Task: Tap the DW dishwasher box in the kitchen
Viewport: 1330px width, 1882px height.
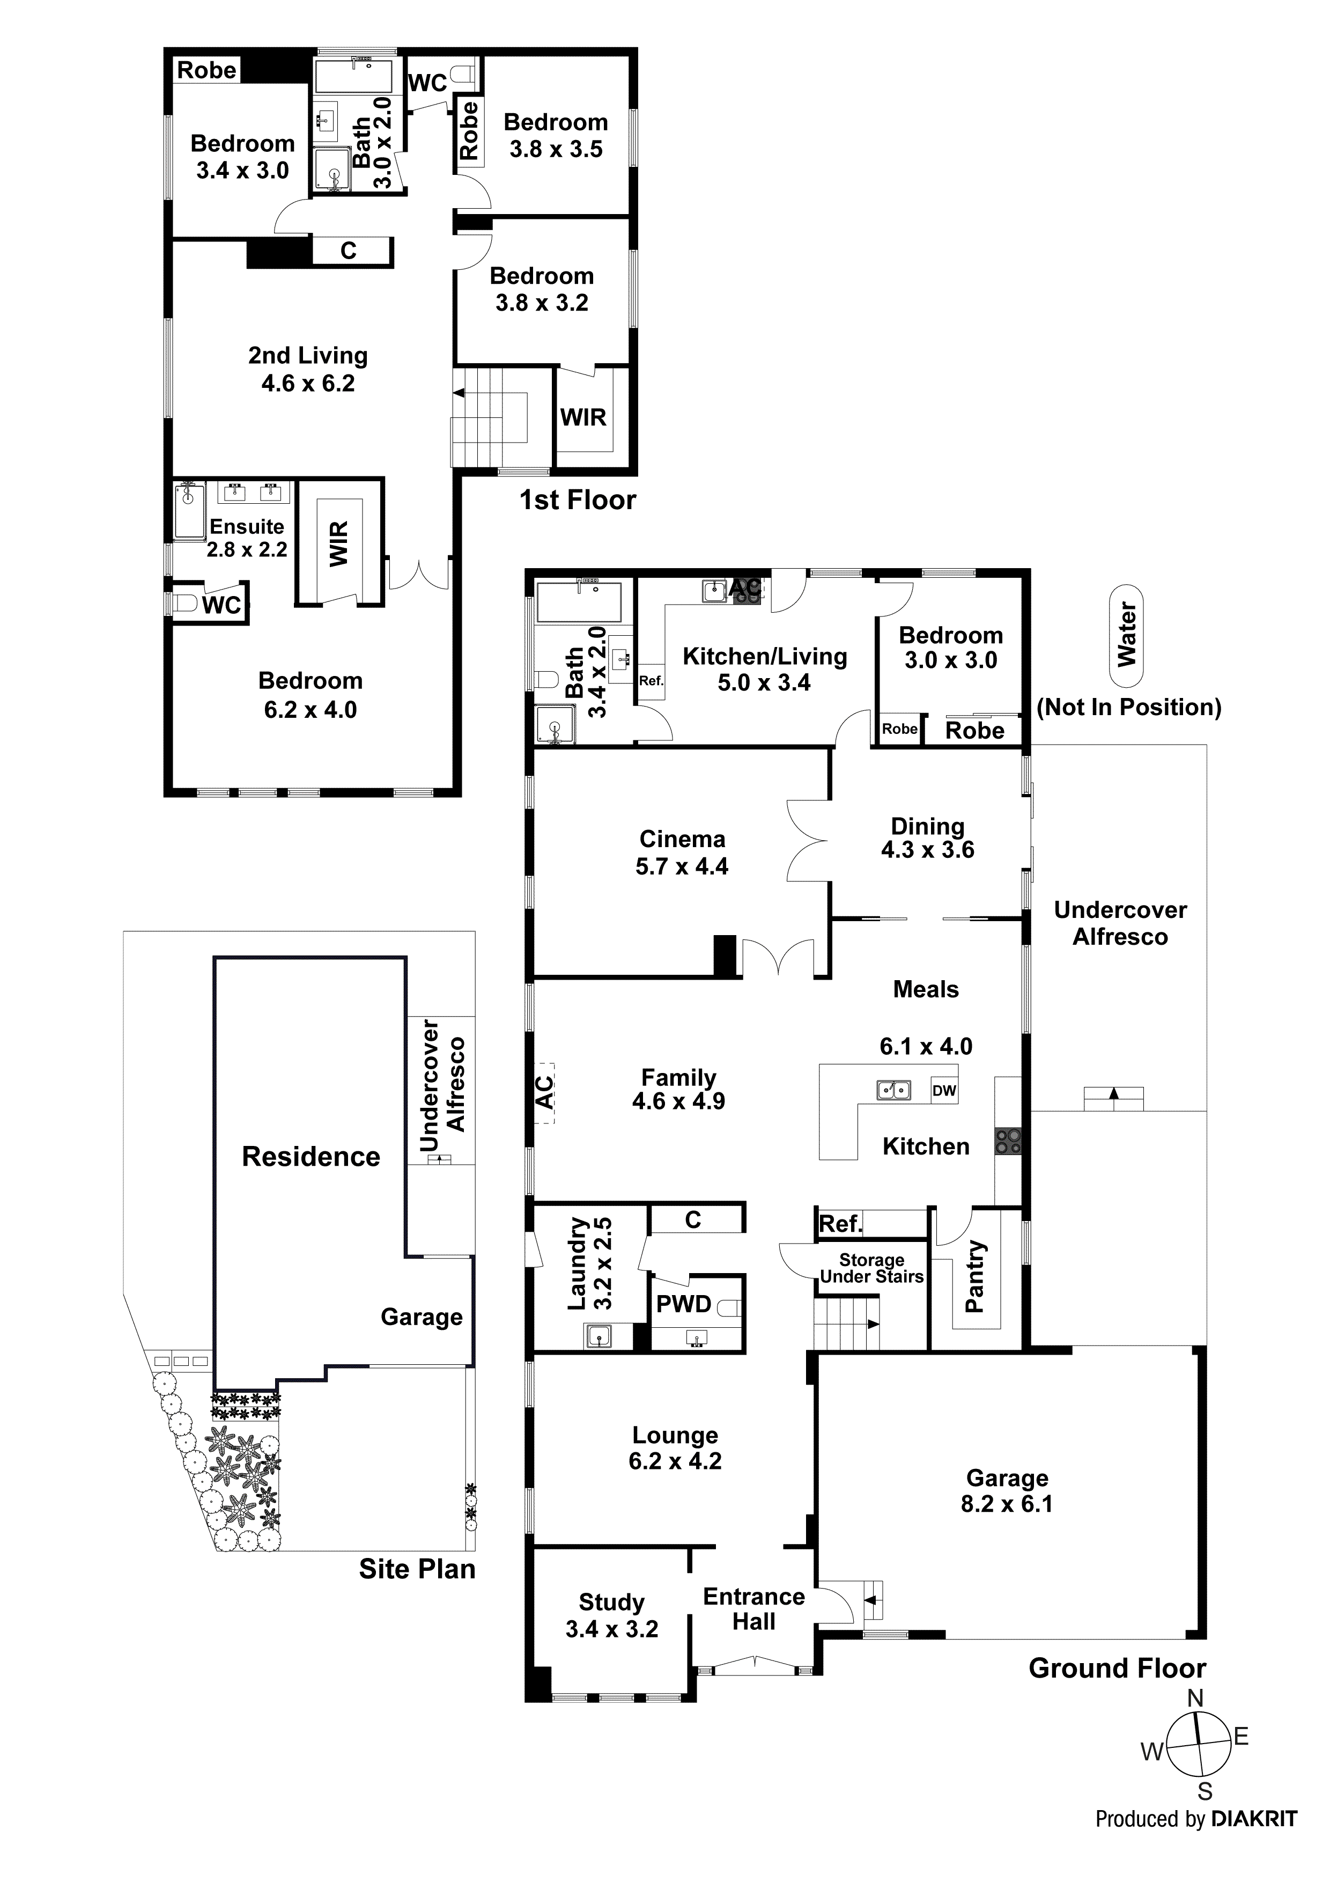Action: tap(944, 1091)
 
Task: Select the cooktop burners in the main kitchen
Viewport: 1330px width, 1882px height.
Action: tap(1008, 1141)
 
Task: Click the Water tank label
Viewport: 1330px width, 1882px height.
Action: tap(1127, 635)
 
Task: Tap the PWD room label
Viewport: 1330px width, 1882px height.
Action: tap(683, 1304)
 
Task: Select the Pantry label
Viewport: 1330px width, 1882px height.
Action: tap(974, 1276)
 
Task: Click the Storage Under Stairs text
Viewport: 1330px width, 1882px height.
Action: tap(871, 1269)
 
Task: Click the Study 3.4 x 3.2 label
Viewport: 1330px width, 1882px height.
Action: tap(611, 1615)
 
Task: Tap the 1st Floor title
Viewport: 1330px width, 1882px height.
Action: tap(578, 500)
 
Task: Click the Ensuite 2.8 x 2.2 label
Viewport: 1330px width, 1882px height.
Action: tap(247, 538)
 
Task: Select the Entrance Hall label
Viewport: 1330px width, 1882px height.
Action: tap(754, 1609)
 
